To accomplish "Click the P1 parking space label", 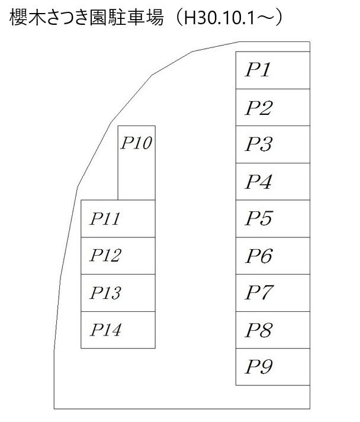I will [258, 70].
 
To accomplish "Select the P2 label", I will [259, 108].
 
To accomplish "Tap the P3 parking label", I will [259, 144].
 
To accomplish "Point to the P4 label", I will [259, 182].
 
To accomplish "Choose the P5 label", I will [259, 219].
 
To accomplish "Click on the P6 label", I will [259, 256].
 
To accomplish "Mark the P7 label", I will [259, 293].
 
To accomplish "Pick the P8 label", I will [259, 330].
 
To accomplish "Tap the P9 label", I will [259, 367].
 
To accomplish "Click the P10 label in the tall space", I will [137, 143].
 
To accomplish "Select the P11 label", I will [105, 219].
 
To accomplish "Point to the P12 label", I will [105, 256].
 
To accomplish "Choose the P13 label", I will [105, 293].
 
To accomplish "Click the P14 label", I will [105, 330].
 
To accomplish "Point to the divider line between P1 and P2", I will [272, 89].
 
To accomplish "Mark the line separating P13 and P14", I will [118, 311].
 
